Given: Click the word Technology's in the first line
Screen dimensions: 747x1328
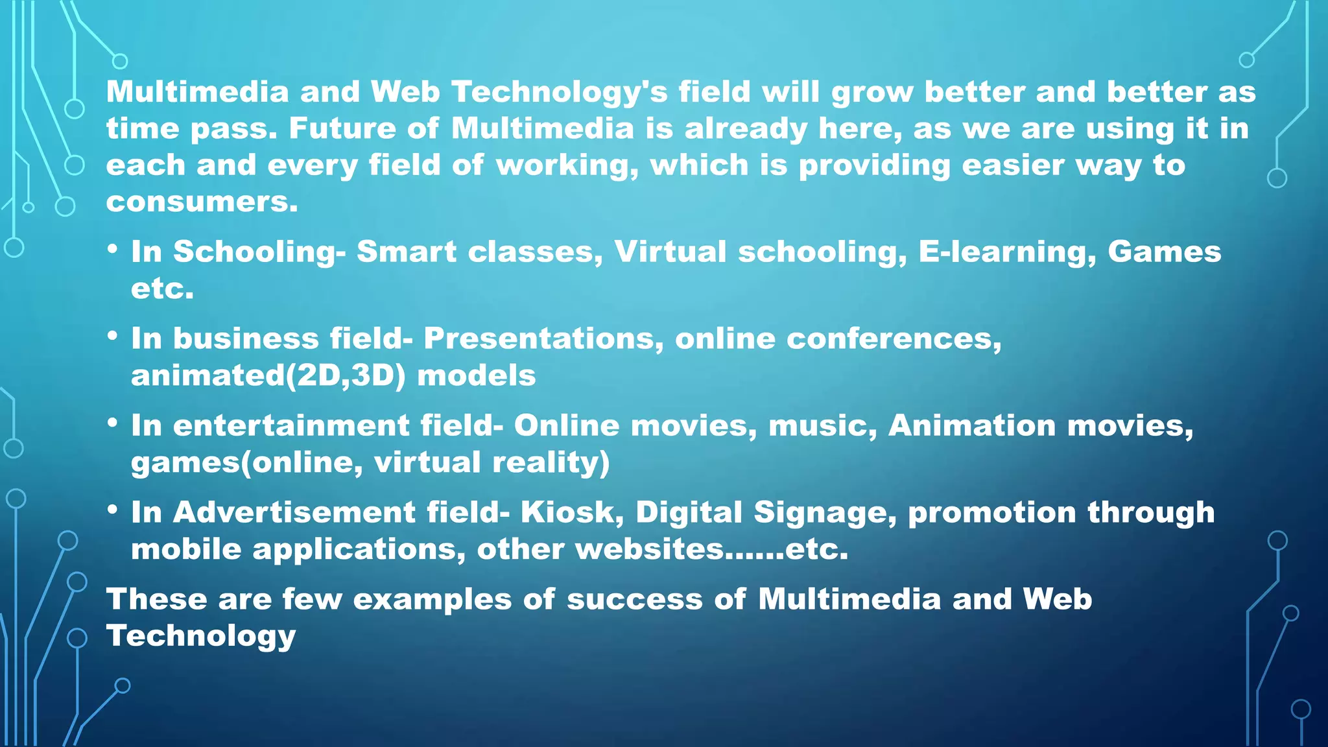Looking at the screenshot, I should [x=559, y=92].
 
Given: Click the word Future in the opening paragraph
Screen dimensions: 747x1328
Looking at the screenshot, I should [x=342, y=128].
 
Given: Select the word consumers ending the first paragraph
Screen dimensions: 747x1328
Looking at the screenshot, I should [x=201, y=202].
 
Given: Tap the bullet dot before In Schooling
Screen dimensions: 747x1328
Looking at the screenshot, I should [x=113, y=249].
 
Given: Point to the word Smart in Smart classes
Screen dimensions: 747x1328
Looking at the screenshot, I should [x=406, y=252].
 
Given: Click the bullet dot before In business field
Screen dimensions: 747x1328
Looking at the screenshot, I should [x=113, y=336].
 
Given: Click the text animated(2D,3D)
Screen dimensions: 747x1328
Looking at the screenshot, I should [x=268, y=375].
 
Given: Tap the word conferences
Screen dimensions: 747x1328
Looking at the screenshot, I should [x=894, y=338].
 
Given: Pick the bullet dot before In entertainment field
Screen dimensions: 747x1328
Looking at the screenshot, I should [x=113, y=423].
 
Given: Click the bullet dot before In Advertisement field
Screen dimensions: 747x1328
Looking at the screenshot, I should [x=113, y=510].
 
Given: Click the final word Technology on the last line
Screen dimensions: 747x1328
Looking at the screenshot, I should [x=201, y=637].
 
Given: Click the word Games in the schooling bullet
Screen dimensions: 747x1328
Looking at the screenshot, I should [x=1164, y=252].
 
